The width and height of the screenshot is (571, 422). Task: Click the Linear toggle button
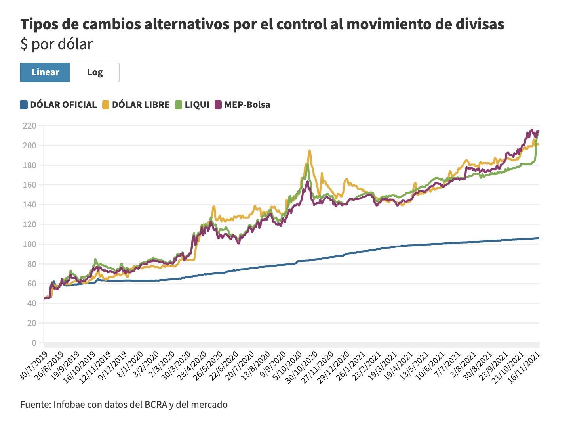click(45, 73)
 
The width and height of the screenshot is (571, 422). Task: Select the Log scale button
click(95, 73)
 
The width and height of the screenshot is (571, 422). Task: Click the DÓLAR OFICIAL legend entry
click(59, 105)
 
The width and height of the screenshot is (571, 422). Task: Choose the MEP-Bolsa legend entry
click(243, 105)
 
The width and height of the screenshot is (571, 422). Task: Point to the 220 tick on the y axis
click(30, 126)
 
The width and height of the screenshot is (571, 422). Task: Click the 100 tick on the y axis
click(30, 244)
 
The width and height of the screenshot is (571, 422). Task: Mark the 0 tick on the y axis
click(34, 343)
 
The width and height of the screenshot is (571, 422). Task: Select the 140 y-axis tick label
click(30, 205)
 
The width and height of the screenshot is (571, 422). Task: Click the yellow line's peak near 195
click(310, 150)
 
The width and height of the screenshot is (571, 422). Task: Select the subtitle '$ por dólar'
click(57, 44)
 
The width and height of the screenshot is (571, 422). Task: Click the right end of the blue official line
click(538, 238)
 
